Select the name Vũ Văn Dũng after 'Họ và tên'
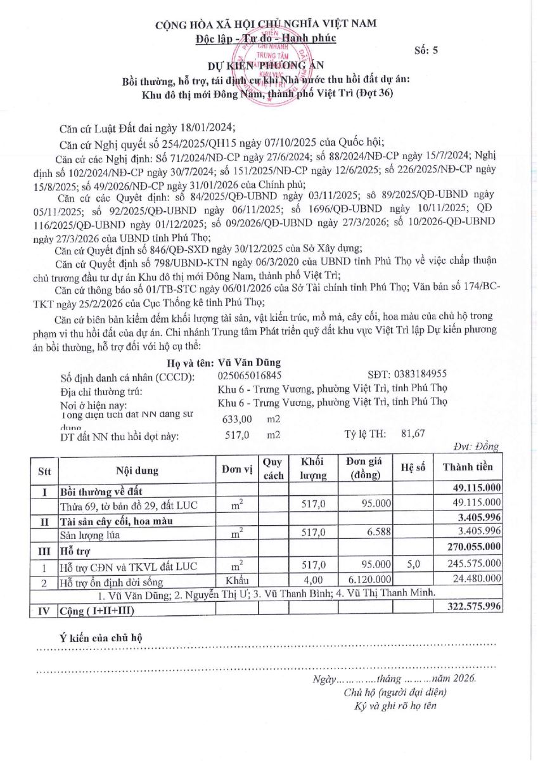pos(249,363)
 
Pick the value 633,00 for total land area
pos(238,419)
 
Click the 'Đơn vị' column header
pos(237,470)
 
